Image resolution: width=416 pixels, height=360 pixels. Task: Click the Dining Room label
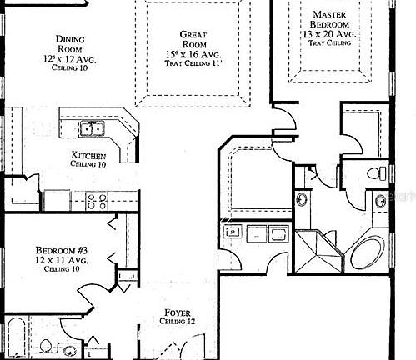(68, 44)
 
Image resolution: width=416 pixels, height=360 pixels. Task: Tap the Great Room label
(193, 39)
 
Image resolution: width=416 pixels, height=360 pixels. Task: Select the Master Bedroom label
(330, 20)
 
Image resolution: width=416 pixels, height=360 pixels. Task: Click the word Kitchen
(88, 156)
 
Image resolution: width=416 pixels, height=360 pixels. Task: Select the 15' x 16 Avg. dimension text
(193, 53)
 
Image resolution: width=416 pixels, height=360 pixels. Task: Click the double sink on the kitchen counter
(92, 128)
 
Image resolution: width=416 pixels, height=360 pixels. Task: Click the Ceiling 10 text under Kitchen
(88, 165)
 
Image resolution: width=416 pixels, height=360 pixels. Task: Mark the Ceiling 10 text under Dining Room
(68, 67)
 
